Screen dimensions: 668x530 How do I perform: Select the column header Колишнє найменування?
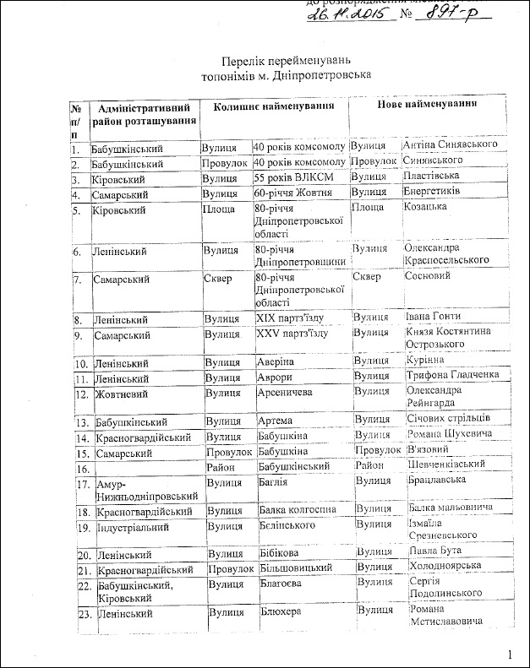click(x=268, y=107)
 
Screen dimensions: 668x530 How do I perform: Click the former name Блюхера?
click(x=281, y=610)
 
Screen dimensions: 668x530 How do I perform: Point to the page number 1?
click(x=511, y=654)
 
